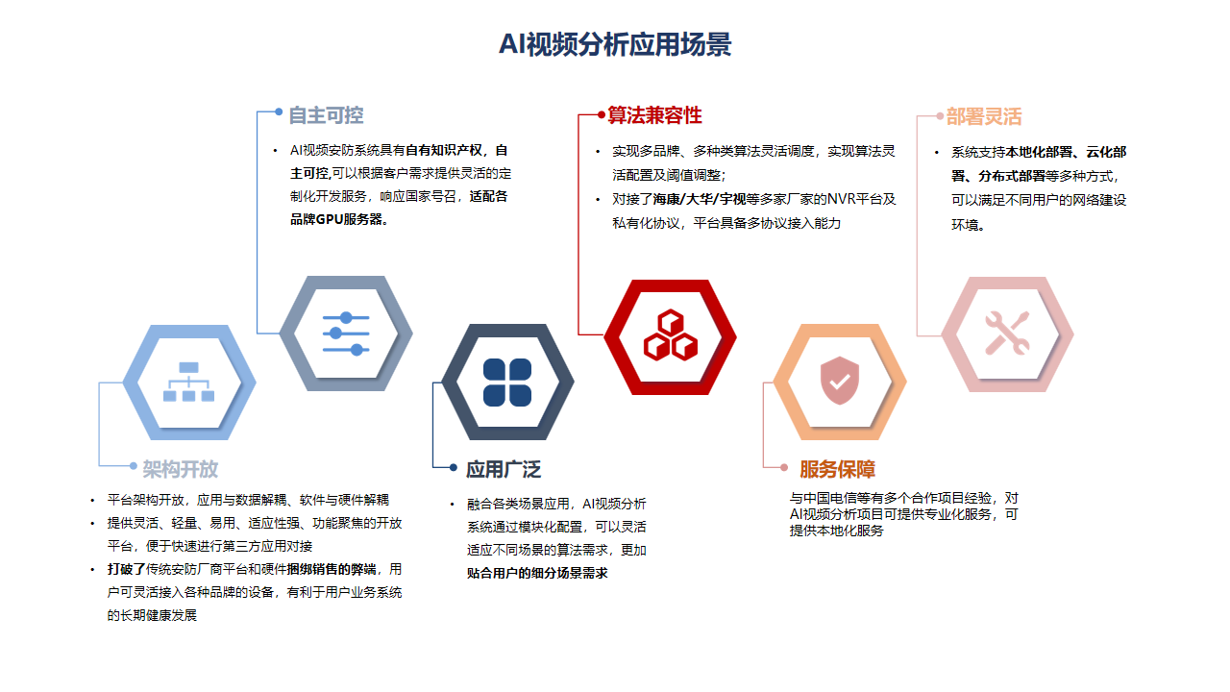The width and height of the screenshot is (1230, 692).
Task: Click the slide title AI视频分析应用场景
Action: [614, 44]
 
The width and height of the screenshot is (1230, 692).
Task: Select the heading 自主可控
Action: [326, 115]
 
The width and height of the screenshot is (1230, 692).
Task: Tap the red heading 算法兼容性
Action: [654, 115]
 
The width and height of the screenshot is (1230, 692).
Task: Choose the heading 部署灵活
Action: [983, 116]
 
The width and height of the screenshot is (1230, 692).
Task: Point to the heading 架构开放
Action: [180, 469]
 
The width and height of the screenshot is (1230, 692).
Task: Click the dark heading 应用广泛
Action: [504, 469]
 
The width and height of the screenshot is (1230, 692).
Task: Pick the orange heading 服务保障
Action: [837, 469]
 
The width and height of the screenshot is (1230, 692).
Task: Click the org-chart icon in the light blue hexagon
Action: [189, 382]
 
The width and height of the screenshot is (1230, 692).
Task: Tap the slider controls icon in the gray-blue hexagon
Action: [346, 334]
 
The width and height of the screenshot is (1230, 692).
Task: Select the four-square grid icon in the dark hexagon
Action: [507, 383]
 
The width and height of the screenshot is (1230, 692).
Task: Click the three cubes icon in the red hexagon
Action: [671, 335]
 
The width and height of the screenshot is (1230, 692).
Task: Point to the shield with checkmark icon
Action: [840, 380]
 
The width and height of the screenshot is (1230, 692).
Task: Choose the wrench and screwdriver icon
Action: [1007, 333]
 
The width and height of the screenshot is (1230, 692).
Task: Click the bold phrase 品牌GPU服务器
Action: [336, 220]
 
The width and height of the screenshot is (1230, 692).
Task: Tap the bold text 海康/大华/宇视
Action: [699, 199]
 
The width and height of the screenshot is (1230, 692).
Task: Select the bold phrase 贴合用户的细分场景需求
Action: [537, 574]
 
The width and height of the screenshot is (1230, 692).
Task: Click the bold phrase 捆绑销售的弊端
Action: [332, 569]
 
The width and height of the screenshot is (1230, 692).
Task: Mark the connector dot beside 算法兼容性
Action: [602, 114]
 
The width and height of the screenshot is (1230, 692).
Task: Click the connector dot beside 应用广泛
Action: [453, 467]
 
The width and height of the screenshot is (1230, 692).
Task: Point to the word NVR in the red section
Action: [841, 199]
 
